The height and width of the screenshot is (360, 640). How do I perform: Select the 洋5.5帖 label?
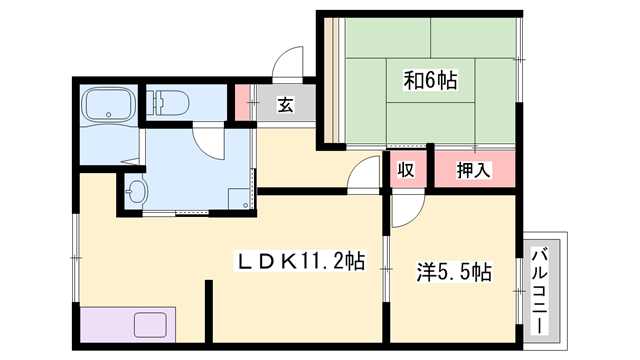coord(454,271)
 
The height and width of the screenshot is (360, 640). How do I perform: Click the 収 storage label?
coord(406,170)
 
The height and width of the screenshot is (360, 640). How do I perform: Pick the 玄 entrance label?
coord(285,104)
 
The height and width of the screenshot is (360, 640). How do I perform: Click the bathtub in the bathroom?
coord(107,106)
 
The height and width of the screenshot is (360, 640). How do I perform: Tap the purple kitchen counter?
coord(128,326)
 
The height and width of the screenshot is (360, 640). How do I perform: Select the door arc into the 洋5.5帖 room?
coord(405,211)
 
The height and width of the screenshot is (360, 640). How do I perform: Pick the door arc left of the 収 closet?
coord(362,176)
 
